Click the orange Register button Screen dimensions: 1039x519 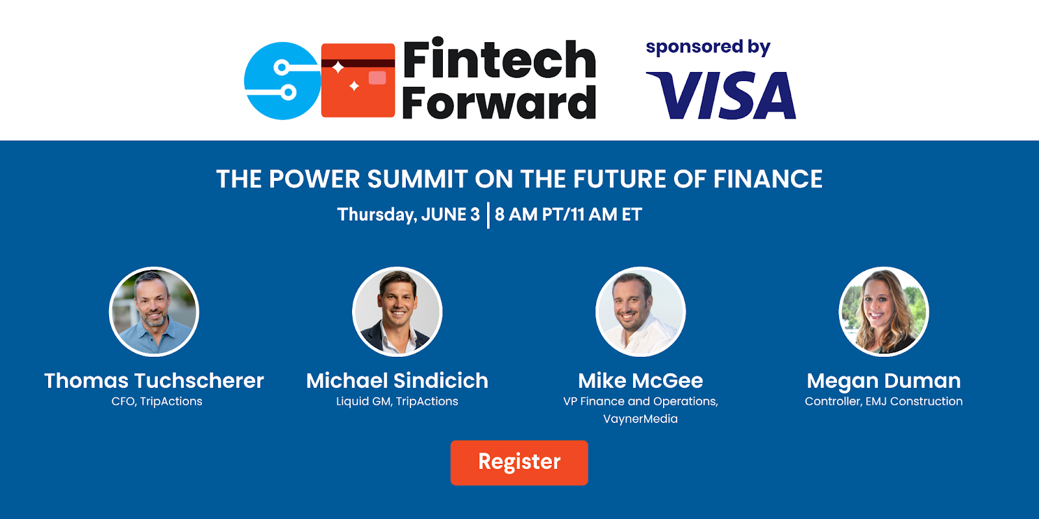[519, 463]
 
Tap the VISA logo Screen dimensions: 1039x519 [721, 95]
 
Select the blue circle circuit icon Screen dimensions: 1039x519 [282, 80]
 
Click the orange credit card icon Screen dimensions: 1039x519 [358, 80]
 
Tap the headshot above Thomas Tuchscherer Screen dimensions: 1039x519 [154, 311]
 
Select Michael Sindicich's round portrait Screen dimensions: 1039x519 [397, 311]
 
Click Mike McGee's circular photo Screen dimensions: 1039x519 [640, 311]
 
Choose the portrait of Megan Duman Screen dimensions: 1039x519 [884, 311]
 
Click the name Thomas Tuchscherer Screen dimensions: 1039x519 [154, 381]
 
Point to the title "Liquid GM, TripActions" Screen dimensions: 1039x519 [397, 402]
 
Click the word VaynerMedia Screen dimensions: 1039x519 [640, 419]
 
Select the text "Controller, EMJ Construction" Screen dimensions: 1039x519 [884, 402]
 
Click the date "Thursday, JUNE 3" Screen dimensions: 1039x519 [408, 215]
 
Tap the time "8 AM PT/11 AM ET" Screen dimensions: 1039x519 [568, 215]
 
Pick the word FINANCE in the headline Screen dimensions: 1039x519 [768, 179]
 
